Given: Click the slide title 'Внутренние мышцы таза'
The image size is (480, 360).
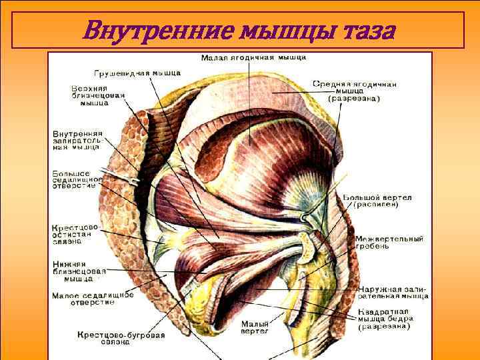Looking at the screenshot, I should coord(239,30).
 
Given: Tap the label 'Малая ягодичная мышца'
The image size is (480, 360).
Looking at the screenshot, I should coord(254,57).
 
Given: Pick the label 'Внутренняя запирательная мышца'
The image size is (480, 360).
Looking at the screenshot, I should coord(78,140).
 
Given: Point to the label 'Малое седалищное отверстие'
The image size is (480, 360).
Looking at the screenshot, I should coord(92,298).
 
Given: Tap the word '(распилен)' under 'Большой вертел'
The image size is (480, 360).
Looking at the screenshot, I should coord(376,205).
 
